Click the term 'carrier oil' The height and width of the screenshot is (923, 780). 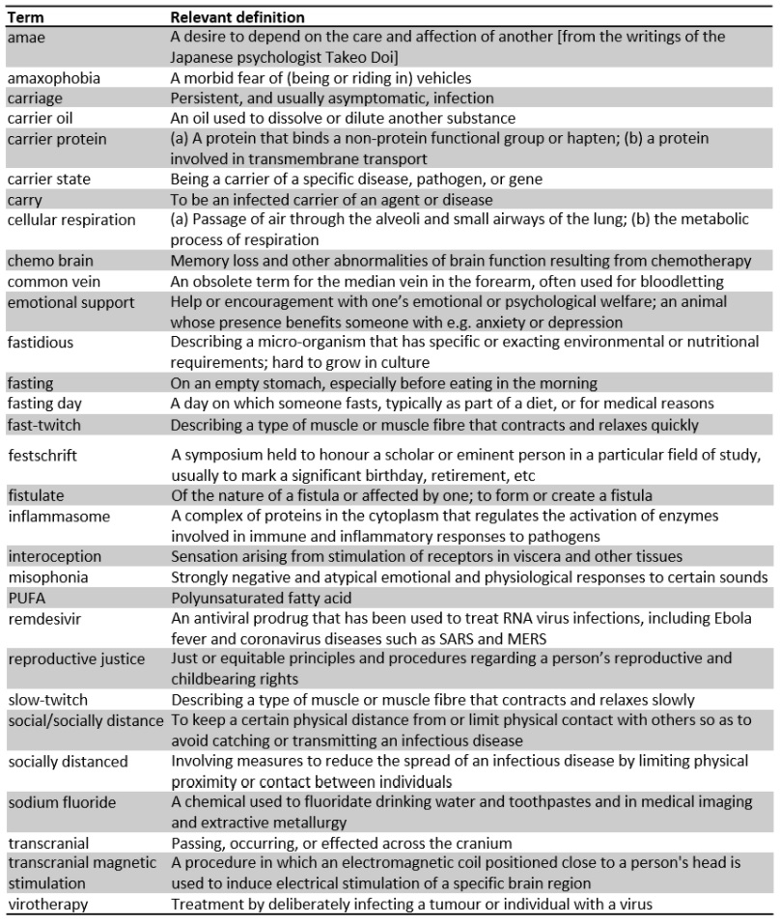coord(41,118)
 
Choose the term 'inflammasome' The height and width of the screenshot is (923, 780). coord(57,517)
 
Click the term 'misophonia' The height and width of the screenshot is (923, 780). coord(48,577)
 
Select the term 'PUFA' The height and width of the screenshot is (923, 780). coord(24,597)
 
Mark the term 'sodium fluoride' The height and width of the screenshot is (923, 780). coord(60,801)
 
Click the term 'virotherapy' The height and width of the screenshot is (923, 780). coord(47,904)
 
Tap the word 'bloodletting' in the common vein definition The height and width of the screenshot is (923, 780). coord(686,281)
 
